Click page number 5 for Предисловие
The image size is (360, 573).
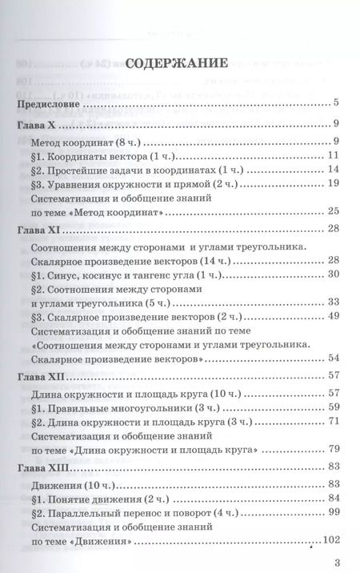pos(338,102)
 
